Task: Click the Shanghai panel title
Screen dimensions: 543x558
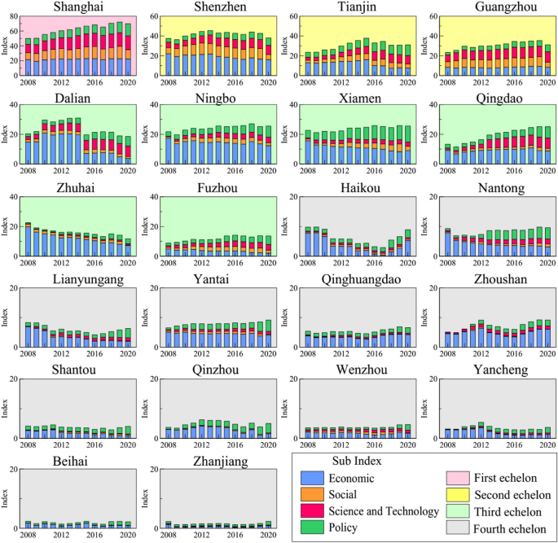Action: tap(77, 7)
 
